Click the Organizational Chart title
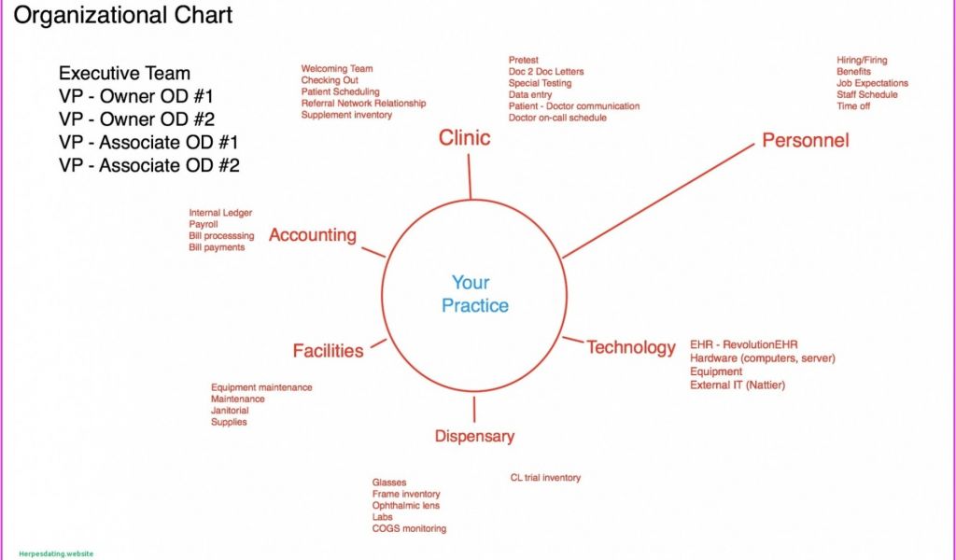(123, 16)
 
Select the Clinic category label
(464, 138)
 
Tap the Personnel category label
(805, 141)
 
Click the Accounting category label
(312, 235)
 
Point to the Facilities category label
(328, 351)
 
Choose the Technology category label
(630, 347)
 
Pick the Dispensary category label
(474, 436)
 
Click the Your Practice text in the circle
(474, 294)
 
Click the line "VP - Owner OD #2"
(136, 119)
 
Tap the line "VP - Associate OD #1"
(148, 143)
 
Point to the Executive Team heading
(124, 74)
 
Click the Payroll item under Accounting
(203, 225)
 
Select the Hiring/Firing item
(862, 61)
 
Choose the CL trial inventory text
(545, 478)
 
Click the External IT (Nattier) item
(737, 385)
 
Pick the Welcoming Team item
(336, 69)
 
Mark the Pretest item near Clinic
(524, 61)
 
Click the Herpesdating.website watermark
(56, 553)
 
